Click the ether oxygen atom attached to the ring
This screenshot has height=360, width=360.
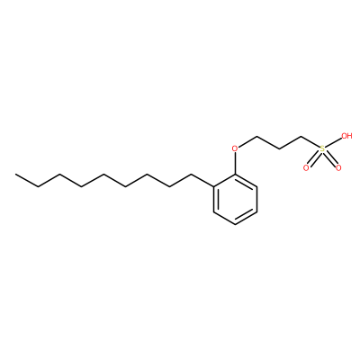coord(235,148)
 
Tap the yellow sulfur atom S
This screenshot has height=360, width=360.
coord(322,148)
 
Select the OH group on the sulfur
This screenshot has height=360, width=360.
coord(346,136)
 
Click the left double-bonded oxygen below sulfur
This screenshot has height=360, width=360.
coord(306,168)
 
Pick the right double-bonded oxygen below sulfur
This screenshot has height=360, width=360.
coord(338,168)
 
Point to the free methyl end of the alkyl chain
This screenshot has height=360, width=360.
coord(16,174)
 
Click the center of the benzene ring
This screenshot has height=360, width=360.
coord(235,199)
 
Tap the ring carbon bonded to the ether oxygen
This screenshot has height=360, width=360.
coord(235,174)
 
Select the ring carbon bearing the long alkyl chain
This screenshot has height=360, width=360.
coord(213,186)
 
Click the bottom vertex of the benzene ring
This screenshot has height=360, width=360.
coord(235,224)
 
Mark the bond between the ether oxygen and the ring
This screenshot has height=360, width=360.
coord(235,164)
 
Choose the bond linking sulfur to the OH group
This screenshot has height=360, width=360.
coord(334,142)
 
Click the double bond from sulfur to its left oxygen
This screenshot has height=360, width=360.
coord(314,158)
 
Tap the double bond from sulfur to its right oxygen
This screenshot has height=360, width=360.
coord(330,158)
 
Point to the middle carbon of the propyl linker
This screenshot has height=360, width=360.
coord(279,148)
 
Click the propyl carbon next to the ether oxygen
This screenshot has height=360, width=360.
coord(257,137)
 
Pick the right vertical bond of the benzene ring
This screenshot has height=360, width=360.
coord(256,199)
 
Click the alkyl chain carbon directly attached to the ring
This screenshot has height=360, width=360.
coord(192,174)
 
